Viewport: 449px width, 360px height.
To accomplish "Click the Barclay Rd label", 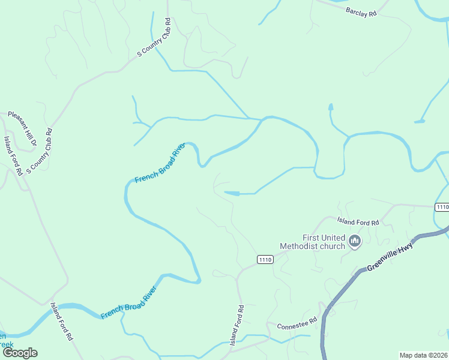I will point(361,11).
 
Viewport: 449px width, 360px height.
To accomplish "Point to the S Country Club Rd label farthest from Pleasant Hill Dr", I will point(155,36).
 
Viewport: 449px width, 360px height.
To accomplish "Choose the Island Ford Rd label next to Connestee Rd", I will point(238,325).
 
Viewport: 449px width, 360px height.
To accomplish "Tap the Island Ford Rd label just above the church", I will point(358,222).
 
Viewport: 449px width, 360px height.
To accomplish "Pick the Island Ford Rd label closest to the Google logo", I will point(61,322).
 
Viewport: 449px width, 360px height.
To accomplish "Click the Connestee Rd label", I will point(297,326).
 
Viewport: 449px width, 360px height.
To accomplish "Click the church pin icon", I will point(354,241).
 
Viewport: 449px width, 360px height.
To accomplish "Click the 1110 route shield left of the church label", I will point(265,259).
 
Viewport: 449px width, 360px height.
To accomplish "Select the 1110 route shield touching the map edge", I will point(441,207).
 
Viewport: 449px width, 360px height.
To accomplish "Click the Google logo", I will point(20,353).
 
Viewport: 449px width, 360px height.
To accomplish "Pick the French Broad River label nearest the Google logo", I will point(128,302).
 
